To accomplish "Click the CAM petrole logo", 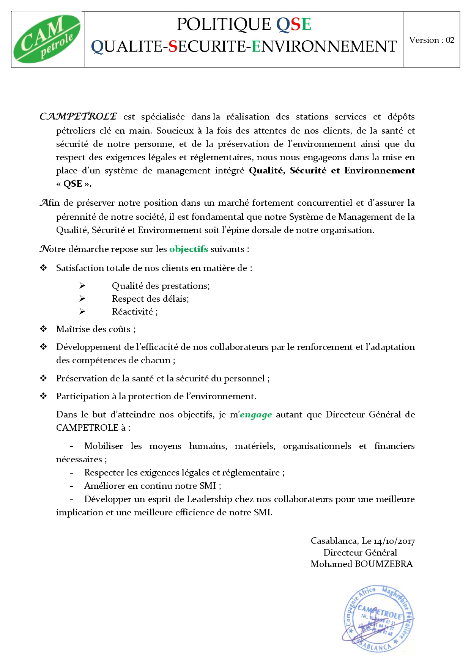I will (47, 39).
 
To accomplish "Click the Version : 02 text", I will (432, 40).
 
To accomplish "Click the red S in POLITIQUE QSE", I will (296, 25).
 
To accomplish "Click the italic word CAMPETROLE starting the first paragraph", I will (78, 116).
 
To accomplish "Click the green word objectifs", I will (188, 249).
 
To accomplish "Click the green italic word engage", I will (256, 415).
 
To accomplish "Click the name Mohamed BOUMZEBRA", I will (361, 564).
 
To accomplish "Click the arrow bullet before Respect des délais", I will (82, 299).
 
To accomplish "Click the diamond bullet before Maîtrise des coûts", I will (44, 329).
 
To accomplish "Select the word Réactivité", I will (132, 312).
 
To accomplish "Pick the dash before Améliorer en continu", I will (71, 486).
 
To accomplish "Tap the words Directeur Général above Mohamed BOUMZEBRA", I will (360, 553).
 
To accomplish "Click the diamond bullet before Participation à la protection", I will (44, 396).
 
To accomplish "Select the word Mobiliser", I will (103, 446).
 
